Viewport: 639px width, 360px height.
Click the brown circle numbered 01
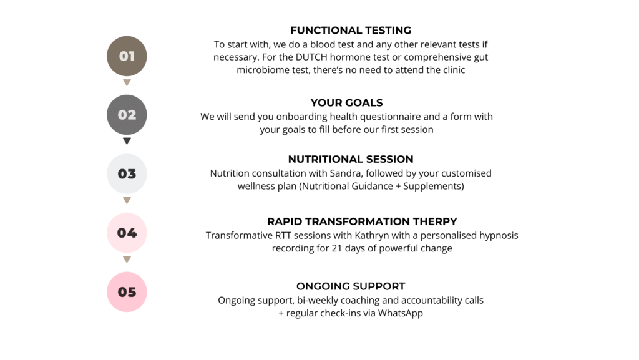(x=127, y=56)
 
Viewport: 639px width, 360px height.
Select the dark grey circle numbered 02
(x=127, y=115)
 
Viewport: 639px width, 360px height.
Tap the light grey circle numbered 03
(x=127, y=174)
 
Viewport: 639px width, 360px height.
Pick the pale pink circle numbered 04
(x=127, y=233)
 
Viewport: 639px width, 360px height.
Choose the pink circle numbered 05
(x=127, y=292)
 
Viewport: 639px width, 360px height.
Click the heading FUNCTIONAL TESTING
(x=351, y=31)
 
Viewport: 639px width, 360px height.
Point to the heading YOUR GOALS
(x=346, y=102)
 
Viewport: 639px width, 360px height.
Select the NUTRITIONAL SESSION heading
(x=351, y=159)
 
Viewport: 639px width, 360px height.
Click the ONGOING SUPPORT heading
(x=351, y=286)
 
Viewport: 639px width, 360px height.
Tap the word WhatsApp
(x=400, y=313)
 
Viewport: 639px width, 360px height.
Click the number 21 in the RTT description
(x=336, y=248)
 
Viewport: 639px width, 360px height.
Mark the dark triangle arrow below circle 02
(x=127, y=141)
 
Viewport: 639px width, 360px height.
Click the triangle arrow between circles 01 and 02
(x=127, y=83)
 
